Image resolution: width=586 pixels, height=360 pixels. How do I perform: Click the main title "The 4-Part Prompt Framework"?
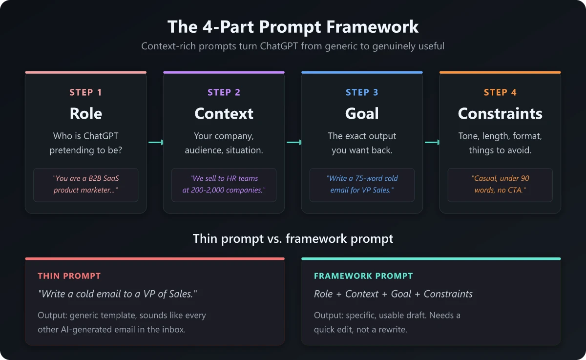(x=293, y=26)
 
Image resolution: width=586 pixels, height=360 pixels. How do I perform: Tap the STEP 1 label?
(x=85, y=92)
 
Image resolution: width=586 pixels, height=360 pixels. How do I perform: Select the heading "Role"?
(x=85, y=113)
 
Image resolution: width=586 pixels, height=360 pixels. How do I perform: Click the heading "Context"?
(x=224, y=113)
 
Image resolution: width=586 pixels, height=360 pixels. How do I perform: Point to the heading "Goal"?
(x=362, y=113)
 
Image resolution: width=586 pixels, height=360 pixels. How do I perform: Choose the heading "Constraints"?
(x=500, y=113)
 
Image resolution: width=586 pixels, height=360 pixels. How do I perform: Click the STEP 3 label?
(x=362, y=92)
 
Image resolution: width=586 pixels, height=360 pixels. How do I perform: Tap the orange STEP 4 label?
(x=500, y=92)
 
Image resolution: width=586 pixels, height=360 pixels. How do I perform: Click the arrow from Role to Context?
(x=155, y=142)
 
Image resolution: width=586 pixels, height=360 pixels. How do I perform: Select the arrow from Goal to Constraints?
(x=432, y=142)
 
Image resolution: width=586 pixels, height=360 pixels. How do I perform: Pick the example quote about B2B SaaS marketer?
(x=85, y=185)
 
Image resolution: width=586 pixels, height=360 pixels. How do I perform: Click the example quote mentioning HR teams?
(x=224, y=185)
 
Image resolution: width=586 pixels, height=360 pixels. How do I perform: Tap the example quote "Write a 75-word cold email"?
(x=362, y=185)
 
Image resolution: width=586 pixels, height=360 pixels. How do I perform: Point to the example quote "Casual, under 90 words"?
(x=500, y=185)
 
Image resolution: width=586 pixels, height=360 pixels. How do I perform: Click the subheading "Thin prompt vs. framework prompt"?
(x=293, y=239)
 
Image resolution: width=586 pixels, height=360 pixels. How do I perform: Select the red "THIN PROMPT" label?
(x=69, y=276)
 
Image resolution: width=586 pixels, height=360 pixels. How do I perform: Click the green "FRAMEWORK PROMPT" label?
(x=363, y=276)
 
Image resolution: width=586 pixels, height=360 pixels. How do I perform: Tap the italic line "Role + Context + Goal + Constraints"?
(x=393, y=294)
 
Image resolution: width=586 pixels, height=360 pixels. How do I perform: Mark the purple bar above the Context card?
(x=224, y=72)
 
